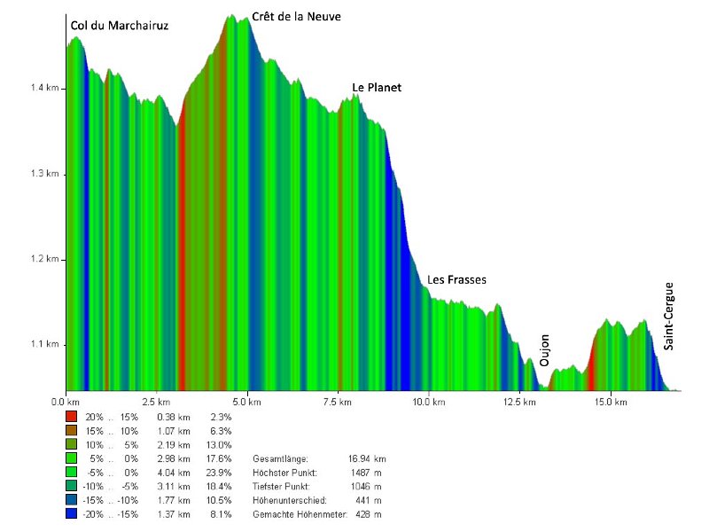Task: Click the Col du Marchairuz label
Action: pyautogui.click(x=119, y=26)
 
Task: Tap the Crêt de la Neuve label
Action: pyautogui.click(x=296, y=17)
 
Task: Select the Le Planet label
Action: pyautogui.click(x=377, y=88)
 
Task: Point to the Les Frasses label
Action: pyautogui.click(x=456, y=280)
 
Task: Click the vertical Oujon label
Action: pyautogui.click(x=545, y=351)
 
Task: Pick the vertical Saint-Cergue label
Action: pyautogui.click(x=669, y=316)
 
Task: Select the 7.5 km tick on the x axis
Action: pyautogui.click(x=338, y=403)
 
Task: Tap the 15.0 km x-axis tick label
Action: pyautogui.click(x=611, y=403)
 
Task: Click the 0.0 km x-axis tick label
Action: pyautogui.click(x=66, y=403)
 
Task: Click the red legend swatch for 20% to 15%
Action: pyautogui.click(x=72, y=415)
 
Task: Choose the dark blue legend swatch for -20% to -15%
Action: pyautogui.click(x=72, y=514)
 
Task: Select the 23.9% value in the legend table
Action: pyautogui.click(x=220, y=472)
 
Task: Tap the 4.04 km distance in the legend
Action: pyautogui.click(x=178, y=472)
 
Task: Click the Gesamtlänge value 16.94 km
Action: pyautogui.click(x=368, y=458)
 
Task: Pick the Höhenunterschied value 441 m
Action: pyautogui.click(x=370, y=500)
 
